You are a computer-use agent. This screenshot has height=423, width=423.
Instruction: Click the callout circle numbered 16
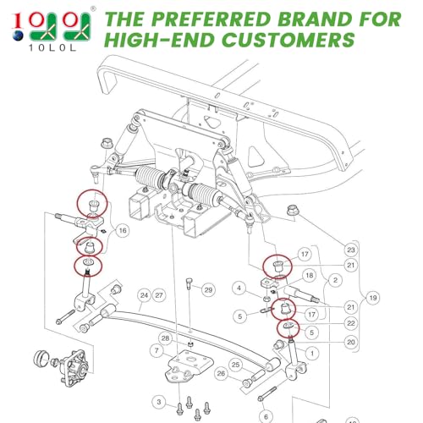point(123,231)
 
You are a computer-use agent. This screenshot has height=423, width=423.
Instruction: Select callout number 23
point(351,250)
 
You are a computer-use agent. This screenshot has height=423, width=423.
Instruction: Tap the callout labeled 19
point(373,298)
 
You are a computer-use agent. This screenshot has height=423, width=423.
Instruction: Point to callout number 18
point(310,275)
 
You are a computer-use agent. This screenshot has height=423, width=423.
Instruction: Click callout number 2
point(335,280)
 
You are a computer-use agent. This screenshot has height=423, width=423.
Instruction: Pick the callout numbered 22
point(351,323)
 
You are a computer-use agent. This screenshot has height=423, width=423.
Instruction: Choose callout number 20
point(351,342)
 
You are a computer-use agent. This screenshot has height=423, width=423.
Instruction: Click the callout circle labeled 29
point(208,290)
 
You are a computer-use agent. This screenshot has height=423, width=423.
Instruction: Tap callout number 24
point(144,295)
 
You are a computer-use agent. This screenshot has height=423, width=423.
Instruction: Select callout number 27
point(159,295)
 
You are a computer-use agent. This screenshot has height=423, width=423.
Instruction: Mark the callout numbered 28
point(165,338)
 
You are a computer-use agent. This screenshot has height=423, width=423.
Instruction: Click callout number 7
point(157,350)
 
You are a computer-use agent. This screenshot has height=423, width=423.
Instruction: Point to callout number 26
point(221,374)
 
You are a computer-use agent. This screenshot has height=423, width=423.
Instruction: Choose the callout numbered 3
point(159,402)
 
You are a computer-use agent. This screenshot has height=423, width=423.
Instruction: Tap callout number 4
point(239,288)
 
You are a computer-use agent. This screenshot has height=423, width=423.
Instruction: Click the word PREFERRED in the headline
point(211,19)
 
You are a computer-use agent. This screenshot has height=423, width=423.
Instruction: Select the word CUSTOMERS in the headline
point(289,40)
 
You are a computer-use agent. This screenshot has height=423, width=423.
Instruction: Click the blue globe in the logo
point(18,36)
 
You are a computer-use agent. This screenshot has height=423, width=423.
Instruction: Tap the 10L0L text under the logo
point(52,48)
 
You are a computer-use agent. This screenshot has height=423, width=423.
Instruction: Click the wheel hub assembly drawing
point(63,366)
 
